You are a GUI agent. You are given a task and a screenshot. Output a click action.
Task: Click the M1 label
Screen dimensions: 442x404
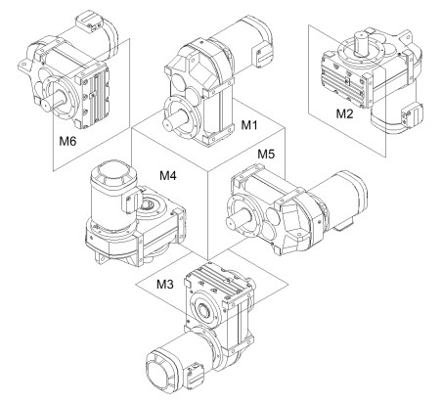click(x=249, y=125)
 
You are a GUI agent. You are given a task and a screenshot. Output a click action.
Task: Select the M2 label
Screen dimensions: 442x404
click(x=344, y=113)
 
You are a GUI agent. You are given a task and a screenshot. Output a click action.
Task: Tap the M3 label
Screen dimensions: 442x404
click(x=165, y=285)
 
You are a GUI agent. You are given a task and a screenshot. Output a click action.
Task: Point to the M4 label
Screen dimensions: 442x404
click(x=168, y=176)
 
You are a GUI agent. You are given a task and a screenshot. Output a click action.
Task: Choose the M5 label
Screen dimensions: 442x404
click(x=266, y=154)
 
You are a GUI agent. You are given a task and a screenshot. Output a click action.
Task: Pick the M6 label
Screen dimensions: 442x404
click(x=67, y=141)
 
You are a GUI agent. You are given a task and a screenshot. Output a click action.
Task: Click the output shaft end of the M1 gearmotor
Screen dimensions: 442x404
click(x=168, y=124)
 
